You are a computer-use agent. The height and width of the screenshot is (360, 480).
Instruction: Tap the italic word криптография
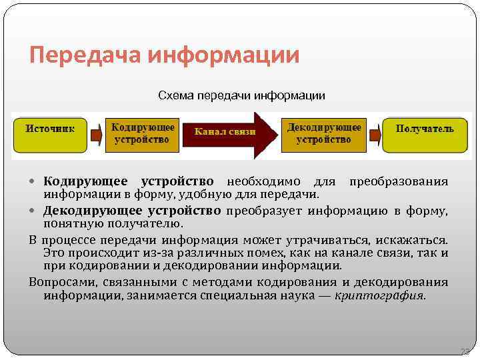tap(379, 295)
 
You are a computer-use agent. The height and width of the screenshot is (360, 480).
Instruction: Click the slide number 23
tap(465, 351)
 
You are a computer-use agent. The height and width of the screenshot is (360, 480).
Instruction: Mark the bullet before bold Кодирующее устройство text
tap(35, 182)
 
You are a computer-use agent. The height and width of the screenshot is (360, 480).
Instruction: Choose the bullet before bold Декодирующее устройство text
tap(35, 211)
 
